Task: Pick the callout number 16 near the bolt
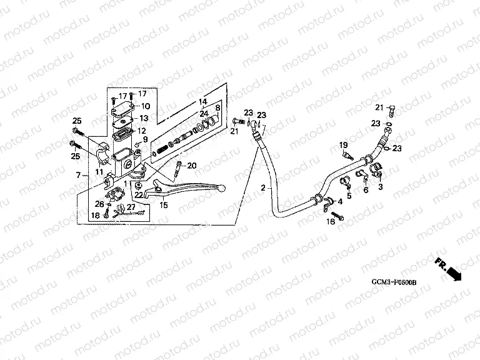point(331,221)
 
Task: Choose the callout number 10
point(144,106)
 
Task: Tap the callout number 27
point(131,207)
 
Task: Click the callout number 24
point(204,113)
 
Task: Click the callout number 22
point(138,195)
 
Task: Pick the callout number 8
point(216,107)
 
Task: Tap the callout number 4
point(340,202)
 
